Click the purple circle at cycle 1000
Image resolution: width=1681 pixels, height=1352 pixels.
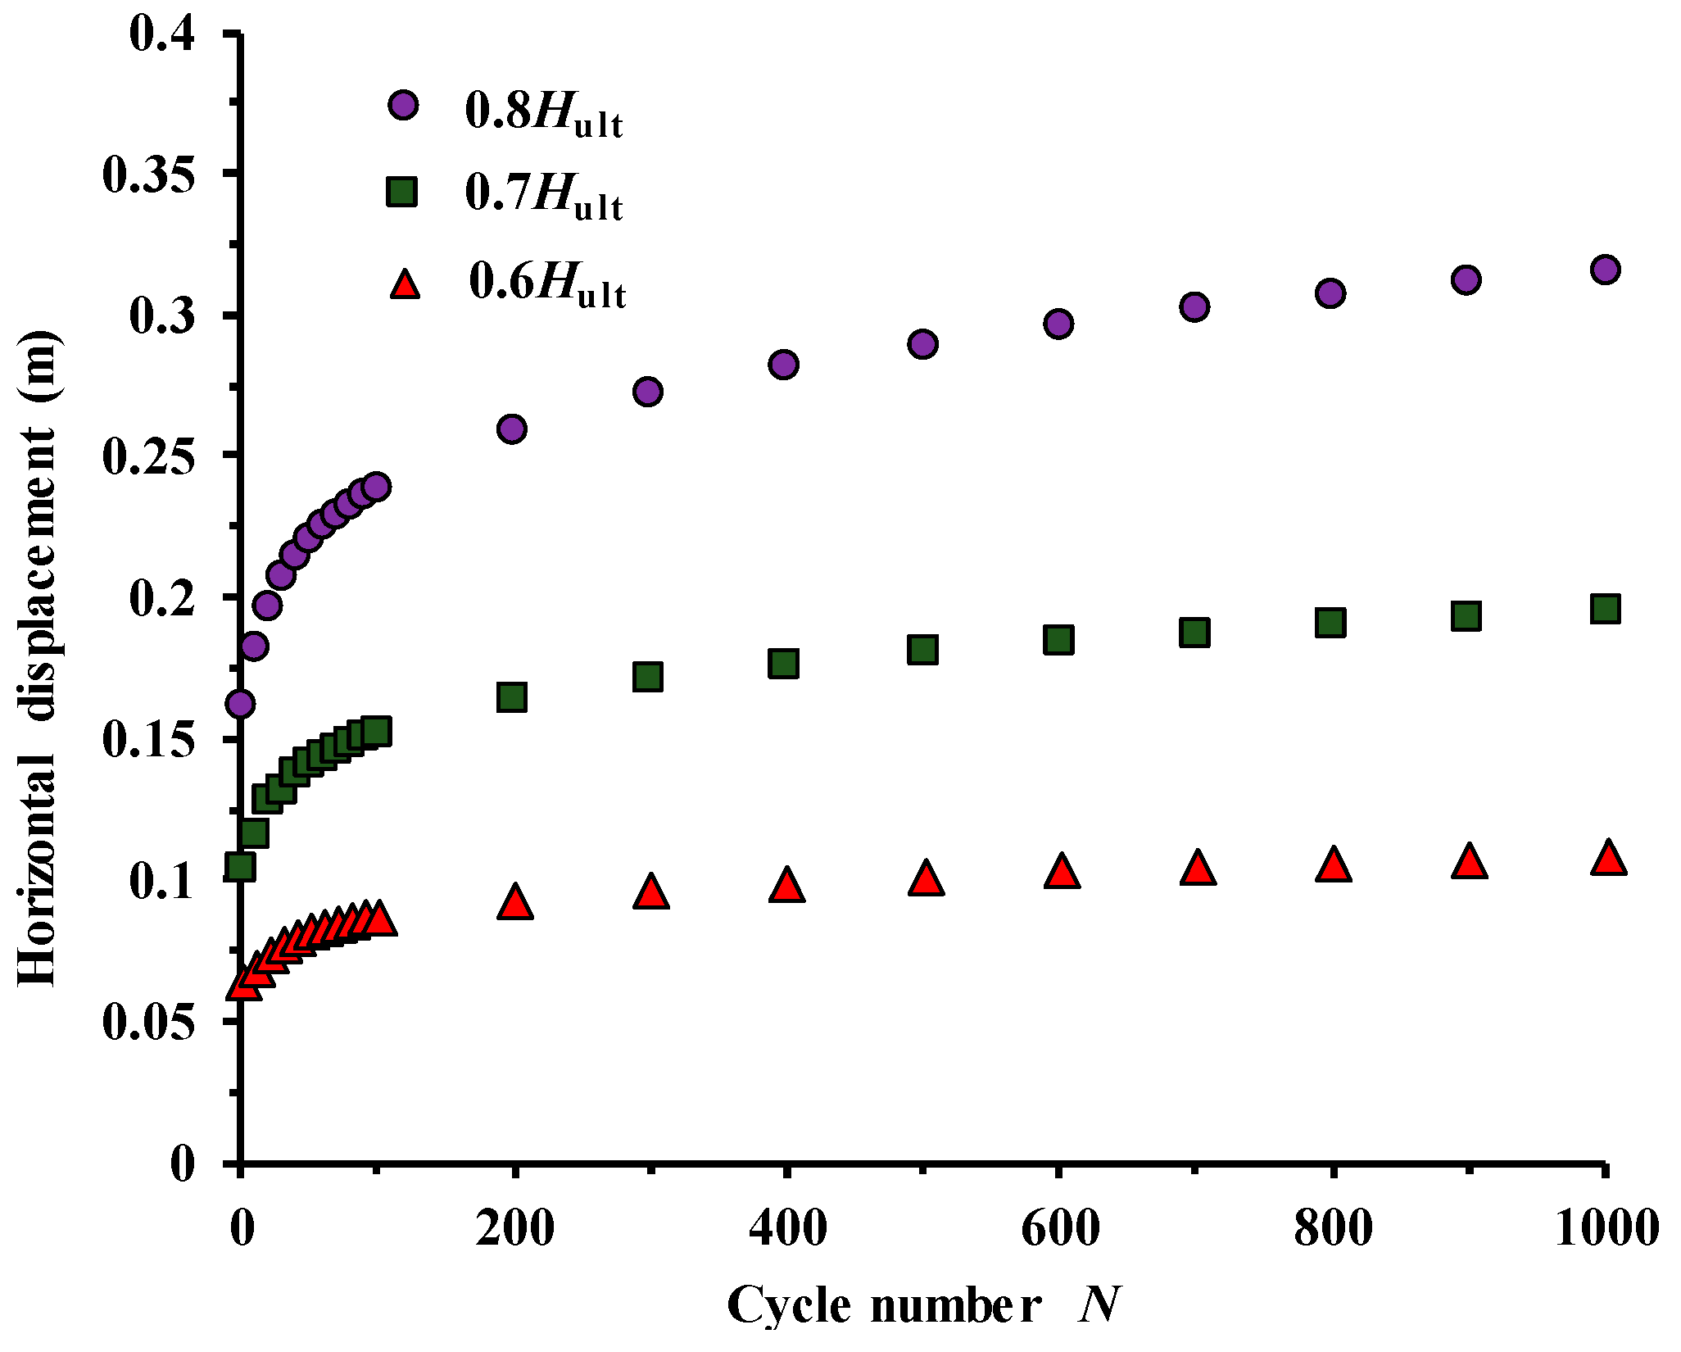pyautogui.click(x=1605, y=270)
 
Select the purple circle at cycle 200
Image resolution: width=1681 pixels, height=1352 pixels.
pyautogui.click(x=512, y=429)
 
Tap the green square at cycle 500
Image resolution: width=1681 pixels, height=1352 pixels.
pyautogui.click(x=922, y=650)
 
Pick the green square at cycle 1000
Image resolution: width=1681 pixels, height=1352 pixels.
pyautogui.click(x=1605, y=609)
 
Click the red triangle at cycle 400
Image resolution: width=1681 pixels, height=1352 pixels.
pyautogui.click(x=786, y=886)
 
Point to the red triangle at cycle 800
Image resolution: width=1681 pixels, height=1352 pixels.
pyautogui.click(x=1333, y=865)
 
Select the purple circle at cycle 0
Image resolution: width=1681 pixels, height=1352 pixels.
pyautogui.click(x=240, y=703)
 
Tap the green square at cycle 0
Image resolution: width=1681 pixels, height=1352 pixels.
pyautogui.click(x=240, y=866)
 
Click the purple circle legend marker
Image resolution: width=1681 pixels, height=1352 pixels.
pyautogui.click(x=403, y=105)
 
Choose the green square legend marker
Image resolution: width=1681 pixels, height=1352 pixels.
pyautogui.click(x=402, y=193)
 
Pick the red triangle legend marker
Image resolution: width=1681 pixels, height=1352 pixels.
pyautogui.click(x=404, y=284)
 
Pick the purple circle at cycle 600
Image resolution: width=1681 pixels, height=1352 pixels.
pyautogui.click(x=1058, y=324)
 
